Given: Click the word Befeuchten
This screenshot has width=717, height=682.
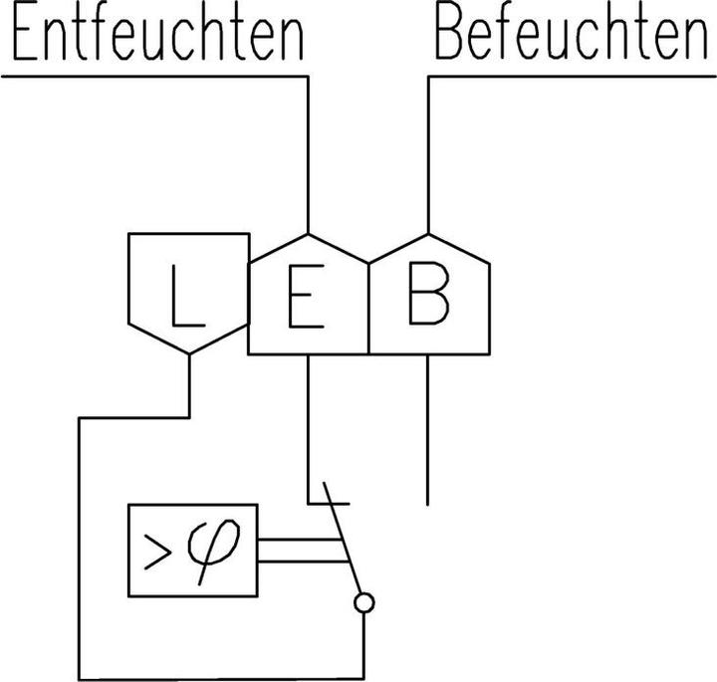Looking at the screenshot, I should pos(570,36).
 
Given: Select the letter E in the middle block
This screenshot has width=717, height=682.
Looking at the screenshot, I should pos(301,297).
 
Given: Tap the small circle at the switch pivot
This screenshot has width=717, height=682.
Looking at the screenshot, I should pos(364,602).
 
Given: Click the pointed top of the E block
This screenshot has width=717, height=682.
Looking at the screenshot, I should pos(309,236).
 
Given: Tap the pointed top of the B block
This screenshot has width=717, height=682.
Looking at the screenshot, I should pos(429,236).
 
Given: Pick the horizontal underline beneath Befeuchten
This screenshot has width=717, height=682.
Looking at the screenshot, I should pos(572,75).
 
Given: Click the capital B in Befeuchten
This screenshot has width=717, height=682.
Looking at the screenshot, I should pos(451,36).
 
